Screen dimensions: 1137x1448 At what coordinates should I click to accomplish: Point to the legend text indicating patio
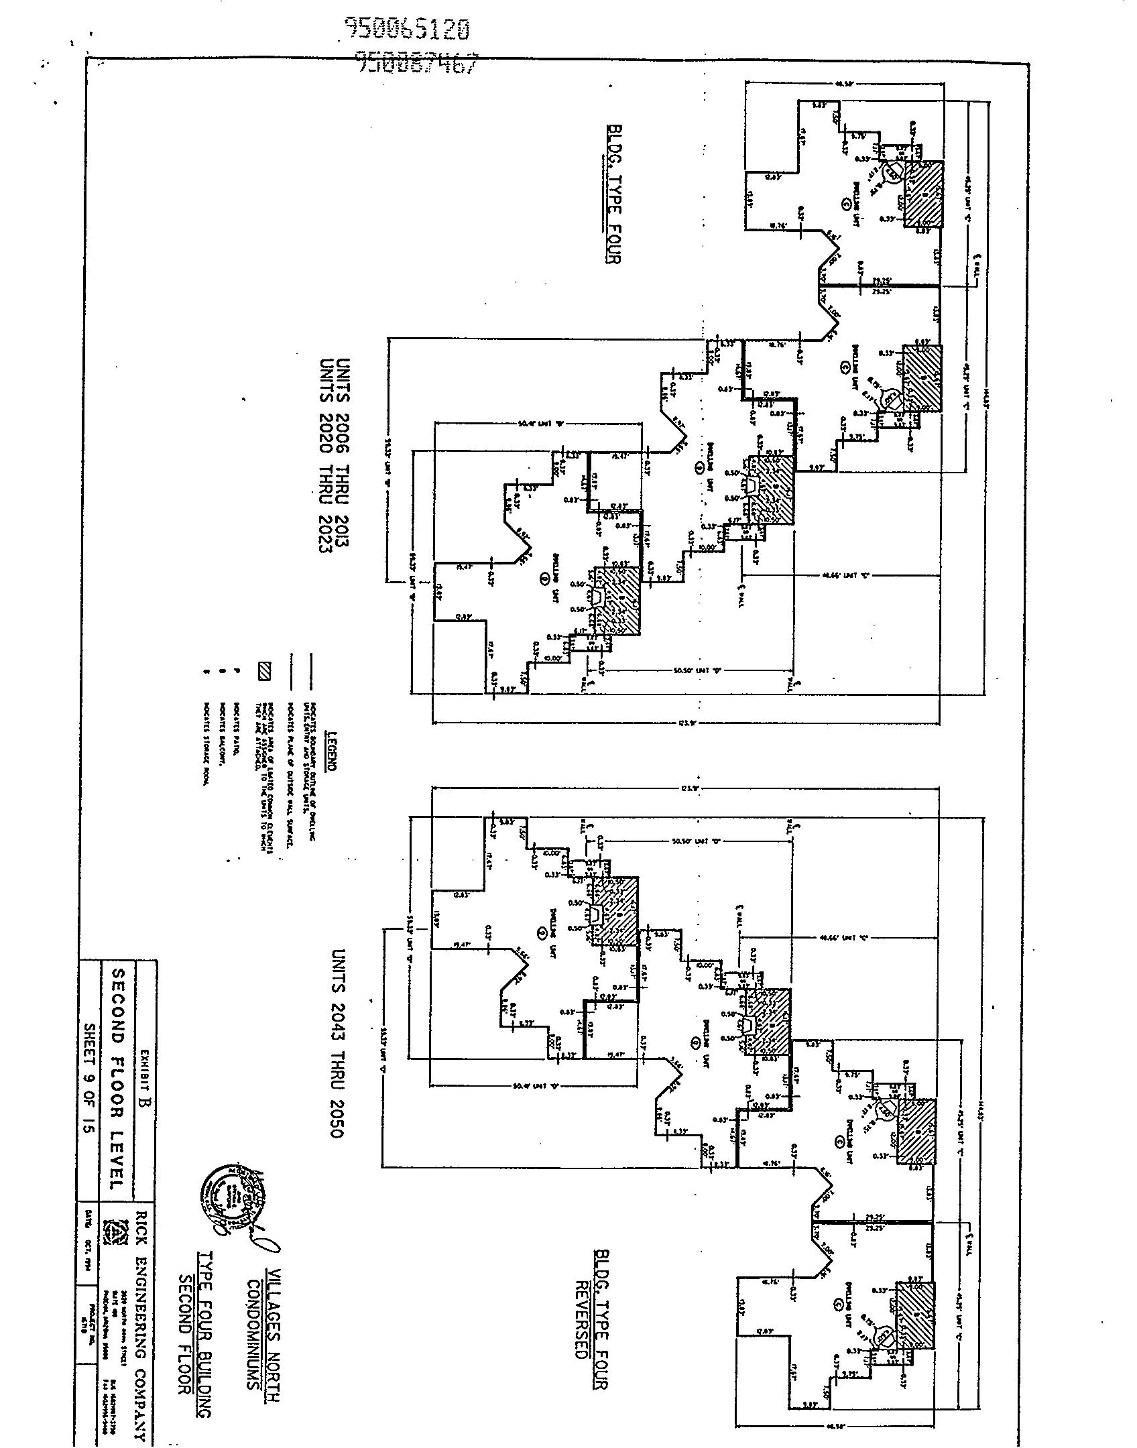236,727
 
